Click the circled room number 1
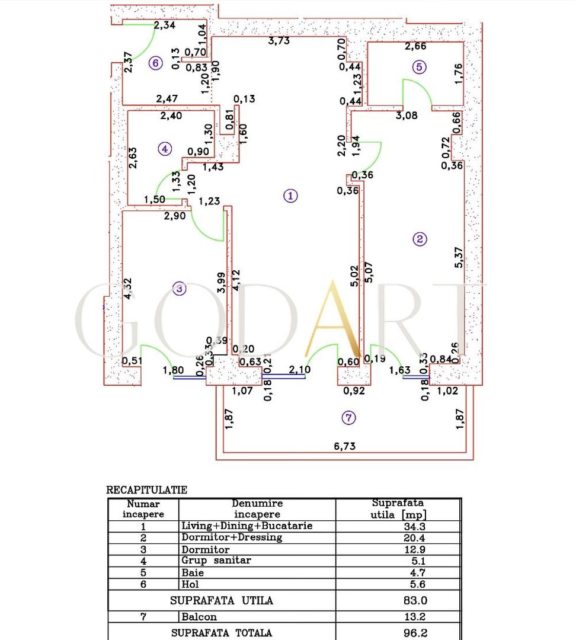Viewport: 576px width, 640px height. (290, 196)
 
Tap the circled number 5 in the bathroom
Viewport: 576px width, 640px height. (420, 67)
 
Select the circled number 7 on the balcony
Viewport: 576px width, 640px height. (349, 418)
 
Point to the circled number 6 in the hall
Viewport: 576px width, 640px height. (155, 63)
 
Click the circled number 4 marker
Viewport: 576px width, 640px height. (165, 149)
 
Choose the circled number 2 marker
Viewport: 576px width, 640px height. (420, 239)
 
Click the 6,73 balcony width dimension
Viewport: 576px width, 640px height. (345, 446)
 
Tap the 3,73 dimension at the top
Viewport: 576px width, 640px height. (279, 41)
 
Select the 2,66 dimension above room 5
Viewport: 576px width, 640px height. (415, 46)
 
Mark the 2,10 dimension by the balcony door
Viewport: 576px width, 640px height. (300, 369)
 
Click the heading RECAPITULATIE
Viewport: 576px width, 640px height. (146, 490)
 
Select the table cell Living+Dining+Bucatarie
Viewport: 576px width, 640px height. (247, 526)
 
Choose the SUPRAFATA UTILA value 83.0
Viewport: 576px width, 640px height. (415, 600)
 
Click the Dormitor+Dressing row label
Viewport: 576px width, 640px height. (232, 537)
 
